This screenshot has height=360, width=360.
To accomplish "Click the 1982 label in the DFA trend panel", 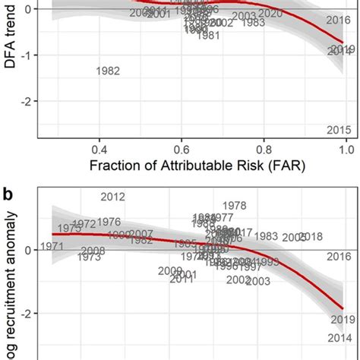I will coord(109,71).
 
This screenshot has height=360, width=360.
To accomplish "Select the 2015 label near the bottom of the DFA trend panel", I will coord(339,131).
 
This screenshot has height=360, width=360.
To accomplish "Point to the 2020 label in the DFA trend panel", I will coord(270,14).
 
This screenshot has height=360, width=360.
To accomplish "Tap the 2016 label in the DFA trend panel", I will coord(338,21).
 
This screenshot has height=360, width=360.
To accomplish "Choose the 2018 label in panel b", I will coord(311,236).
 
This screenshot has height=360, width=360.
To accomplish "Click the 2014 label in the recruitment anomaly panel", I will coord(339,338).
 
